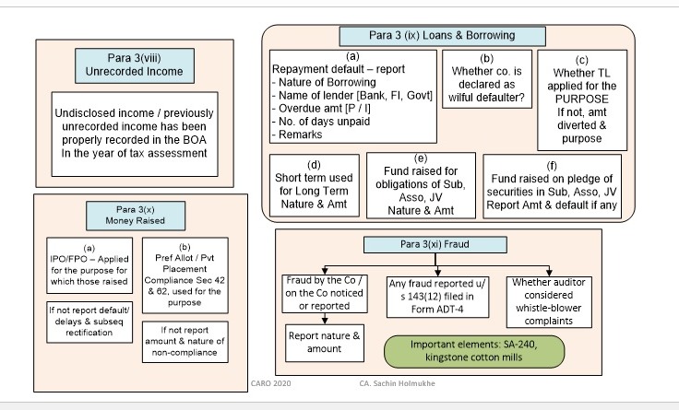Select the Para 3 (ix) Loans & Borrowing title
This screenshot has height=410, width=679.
pos(444,36)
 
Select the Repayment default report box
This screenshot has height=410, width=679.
pos(351,95)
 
